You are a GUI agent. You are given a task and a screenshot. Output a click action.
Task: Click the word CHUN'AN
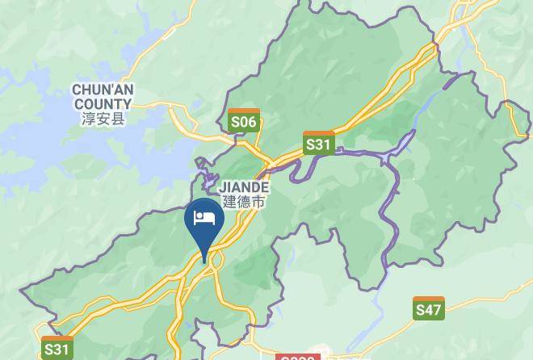point(103,90)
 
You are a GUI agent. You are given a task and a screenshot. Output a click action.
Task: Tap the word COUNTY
point(103,104)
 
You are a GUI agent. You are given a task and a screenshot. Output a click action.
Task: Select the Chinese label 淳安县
point(103,119)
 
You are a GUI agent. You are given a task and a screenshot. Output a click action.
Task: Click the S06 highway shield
point(243,121)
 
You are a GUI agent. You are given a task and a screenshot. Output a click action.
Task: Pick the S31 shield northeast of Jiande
point(318,144)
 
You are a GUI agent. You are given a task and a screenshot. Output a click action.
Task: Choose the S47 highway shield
point(428,308)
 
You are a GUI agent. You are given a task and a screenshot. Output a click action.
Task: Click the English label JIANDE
point(243,186)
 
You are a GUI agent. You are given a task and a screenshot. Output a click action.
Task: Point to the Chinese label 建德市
point(243,202)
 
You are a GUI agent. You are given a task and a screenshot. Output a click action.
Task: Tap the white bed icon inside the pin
point(204,219)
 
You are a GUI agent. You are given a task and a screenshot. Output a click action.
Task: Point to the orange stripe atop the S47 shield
point(428,300)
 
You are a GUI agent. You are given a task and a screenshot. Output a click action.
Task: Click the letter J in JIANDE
point(223,186)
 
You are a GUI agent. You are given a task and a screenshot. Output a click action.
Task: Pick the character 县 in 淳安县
point(119,119)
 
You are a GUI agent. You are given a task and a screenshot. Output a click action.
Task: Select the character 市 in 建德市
point(258,202)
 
